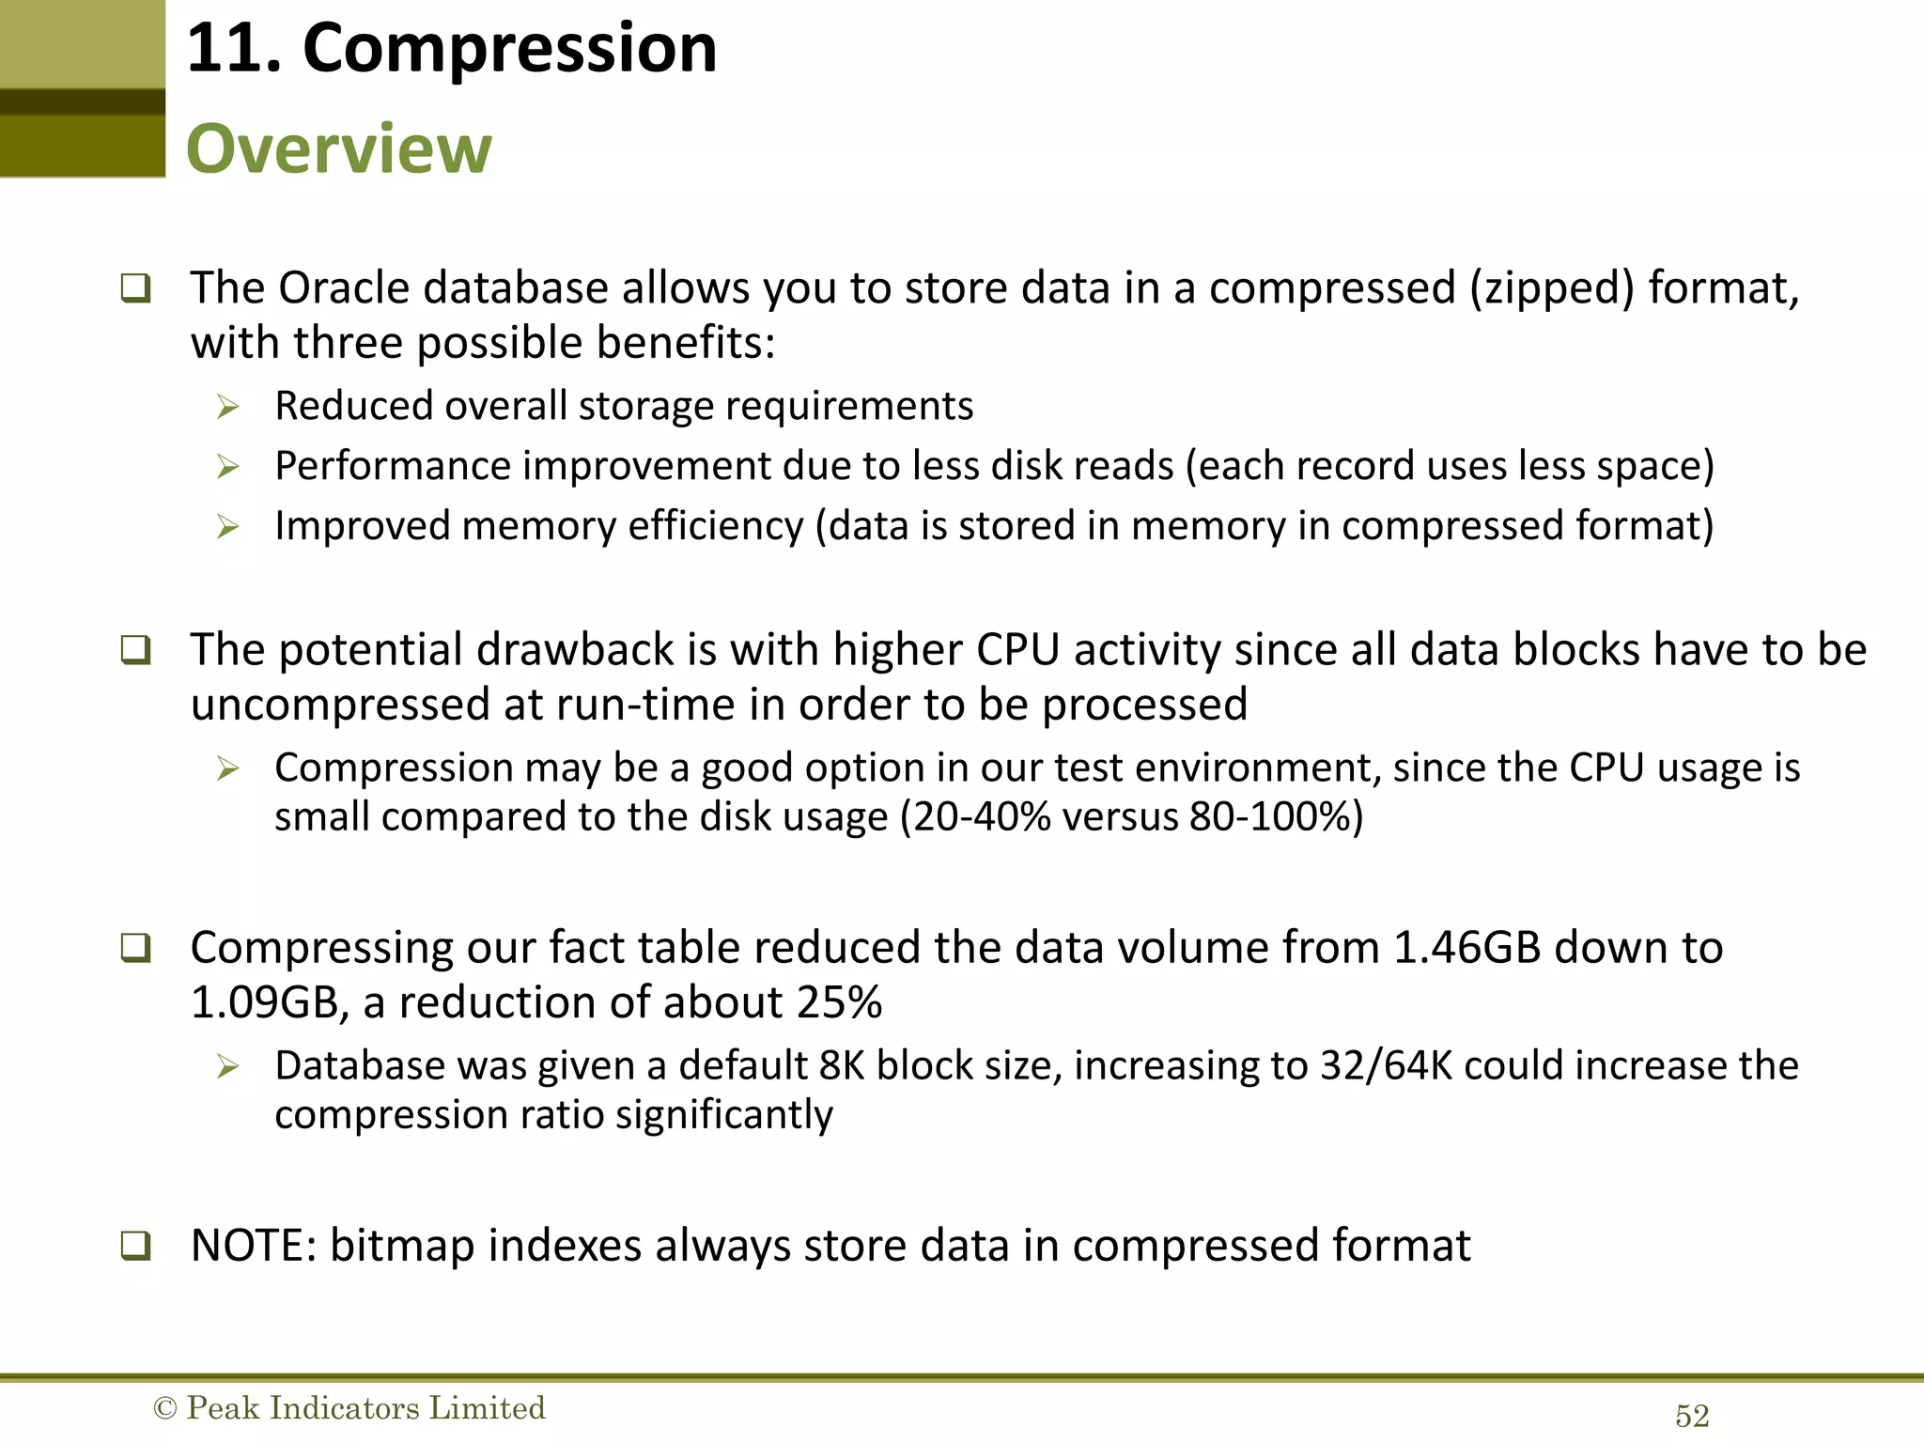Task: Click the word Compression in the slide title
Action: click(x=509, y=49)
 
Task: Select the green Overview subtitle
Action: click(x=338, y=148)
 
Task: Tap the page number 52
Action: click(x=1692, y=1416)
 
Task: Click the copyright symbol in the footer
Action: click(x=164, y=1408)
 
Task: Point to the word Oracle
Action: click(x=344, y=287)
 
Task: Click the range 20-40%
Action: click(x=981, y=816)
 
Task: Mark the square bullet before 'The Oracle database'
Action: click(x=135, y=287)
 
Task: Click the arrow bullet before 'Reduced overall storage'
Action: click(x=228, y=407)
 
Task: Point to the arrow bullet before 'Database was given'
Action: click(x=228, y=1066)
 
